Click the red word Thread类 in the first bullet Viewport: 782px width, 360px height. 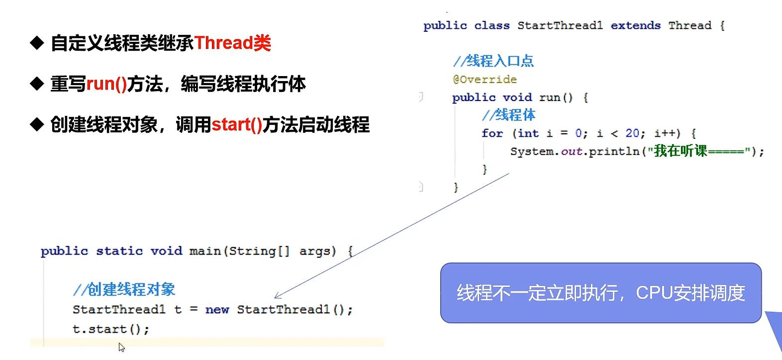[233, 43]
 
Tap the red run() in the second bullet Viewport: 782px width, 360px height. [106, 84]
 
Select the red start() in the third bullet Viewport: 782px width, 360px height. [237, 124]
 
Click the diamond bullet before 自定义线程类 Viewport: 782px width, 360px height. [37, 43]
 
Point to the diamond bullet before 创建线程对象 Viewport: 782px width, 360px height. [37, 124]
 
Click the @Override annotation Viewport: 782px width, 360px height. [485, 80]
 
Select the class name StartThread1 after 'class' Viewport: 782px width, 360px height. [560, 25]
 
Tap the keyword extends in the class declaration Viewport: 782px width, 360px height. [635, 25]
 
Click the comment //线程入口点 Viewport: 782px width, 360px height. [493, 61]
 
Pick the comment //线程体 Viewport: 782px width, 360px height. [508, 115]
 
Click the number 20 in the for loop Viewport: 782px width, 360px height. [632, 133]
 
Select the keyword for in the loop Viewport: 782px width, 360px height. [492, 133]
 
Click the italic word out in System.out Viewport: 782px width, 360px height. [572, 152]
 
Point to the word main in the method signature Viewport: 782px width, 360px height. [205, 251]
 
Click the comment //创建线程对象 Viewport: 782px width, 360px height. [124, 289]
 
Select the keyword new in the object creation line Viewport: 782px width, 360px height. [217, 309]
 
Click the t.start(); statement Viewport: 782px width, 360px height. [111, 329]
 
